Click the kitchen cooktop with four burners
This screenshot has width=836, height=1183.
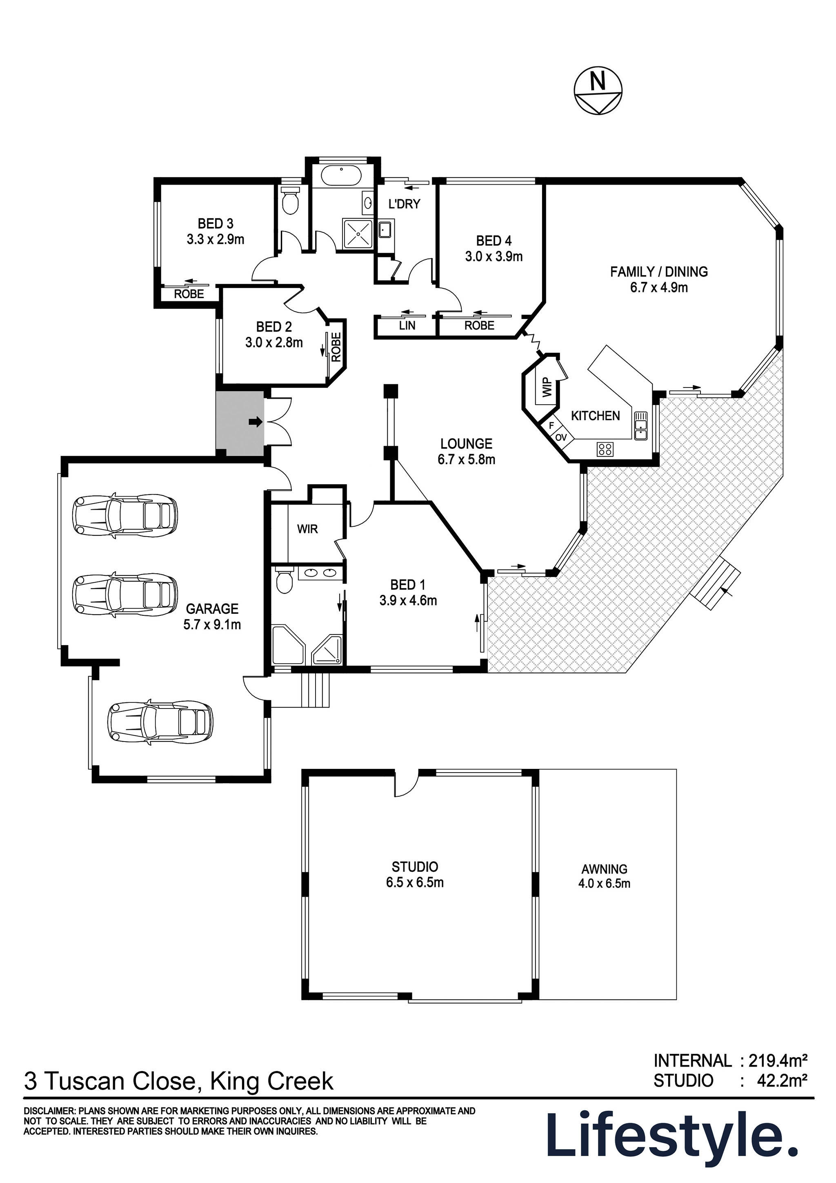605,449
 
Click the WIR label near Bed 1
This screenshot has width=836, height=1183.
307,529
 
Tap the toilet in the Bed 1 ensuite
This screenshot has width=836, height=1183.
283,580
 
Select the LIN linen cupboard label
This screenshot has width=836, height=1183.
407,325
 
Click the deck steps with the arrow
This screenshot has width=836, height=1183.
716,586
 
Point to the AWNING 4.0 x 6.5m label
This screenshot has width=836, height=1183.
604,876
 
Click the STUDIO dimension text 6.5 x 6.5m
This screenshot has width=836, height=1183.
415,882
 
